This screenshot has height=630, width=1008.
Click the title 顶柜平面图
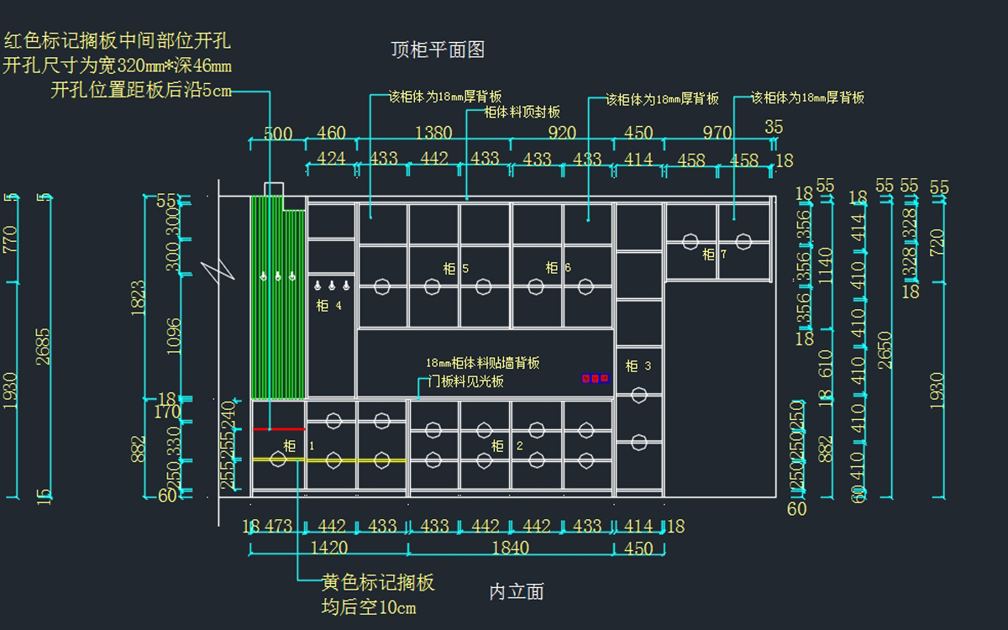tap(438, 50)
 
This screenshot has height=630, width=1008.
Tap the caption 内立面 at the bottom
tap(517, 592)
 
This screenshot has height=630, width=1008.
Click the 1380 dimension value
tap(433, 133)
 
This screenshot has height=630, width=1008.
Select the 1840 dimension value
tap(510, 548)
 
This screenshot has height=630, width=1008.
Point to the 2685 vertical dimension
tap(43, 345)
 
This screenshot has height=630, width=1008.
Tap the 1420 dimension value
tap(329, 548)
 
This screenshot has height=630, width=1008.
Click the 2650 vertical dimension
tap(885, 349)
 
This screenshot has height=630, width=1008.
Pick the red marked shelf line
tap(279, 429)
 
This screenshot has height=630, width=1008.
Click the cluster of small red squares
tap(595, 379)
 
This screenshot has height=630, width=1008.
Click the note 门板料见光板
tap(466, 381)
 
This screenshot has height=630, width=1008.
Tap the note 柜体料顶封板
tap(522, 112)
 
